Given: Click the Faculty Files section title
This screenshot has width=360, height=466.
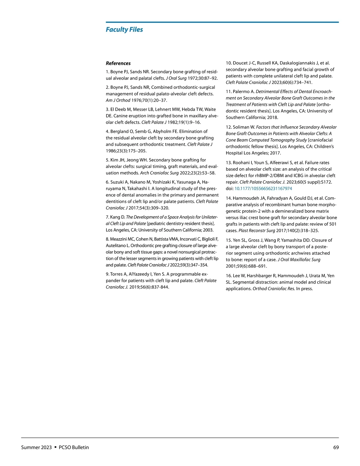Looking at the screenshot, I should click(124, 29).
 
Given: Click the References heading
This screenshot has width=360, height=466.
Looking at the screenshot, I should click(118, 63).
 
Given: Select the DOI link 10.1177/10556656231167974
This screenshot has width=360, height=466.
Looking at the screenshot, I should click(263, 189).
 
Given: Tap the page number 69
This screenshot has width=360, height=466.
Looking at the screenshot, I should click(336, 447).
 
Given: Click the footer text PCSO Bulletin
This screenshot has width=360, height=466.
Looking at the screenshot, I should click(74, 447).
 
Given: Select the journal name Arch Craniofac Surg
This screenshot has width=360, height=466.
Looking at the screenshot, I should click(159, 173).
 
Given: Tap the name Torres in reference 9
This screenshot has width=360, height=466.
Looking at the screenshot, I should click(117, 274).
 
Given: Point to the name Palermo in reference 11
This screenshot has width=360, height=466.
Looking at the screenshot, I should click(241, 92).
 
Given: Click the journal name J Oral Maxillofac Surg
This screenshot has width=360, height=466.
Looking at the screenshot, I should click(299, 260).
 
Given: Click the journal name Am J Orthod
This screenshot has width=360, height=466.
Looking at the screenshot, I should click(118, 101).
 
